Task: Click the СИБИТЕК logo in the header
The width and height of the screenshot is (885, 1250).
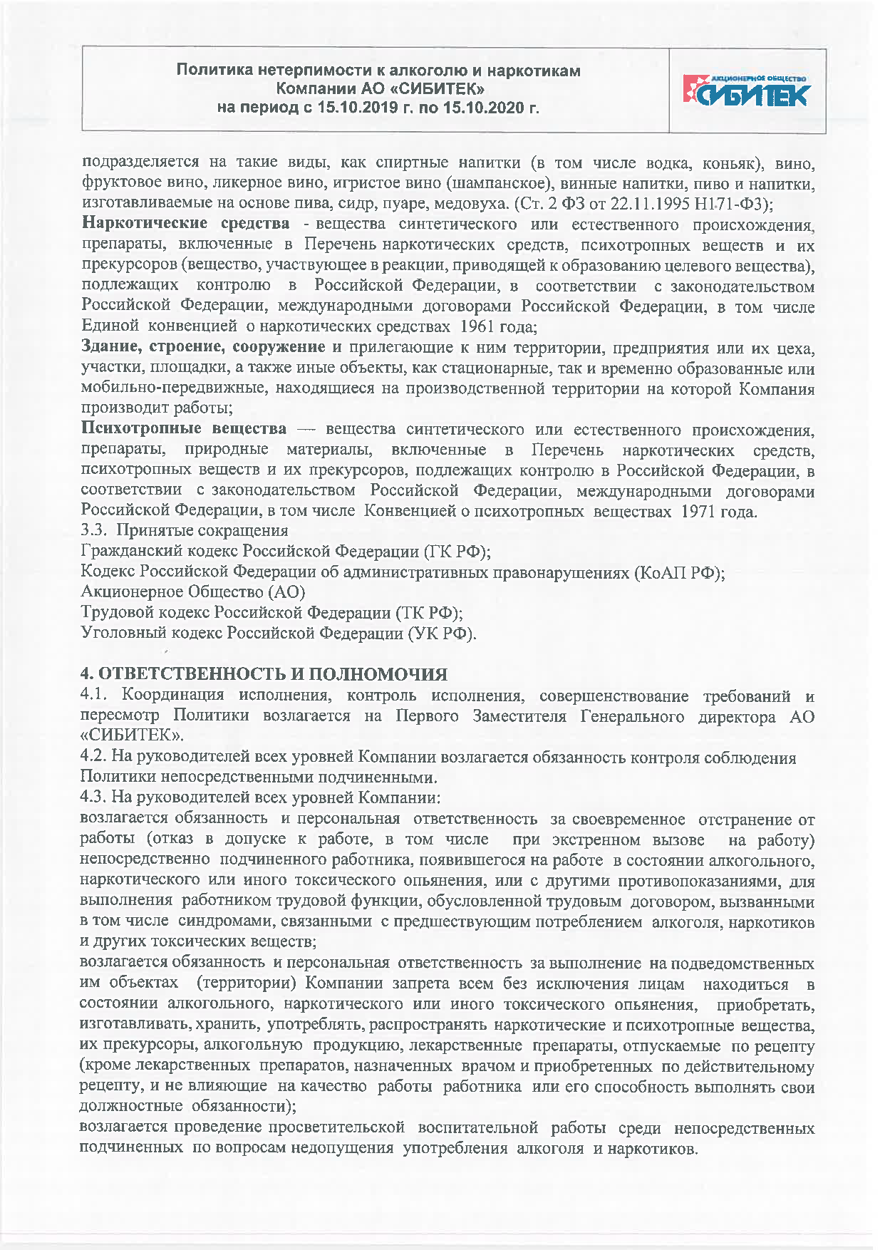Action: point(746,91)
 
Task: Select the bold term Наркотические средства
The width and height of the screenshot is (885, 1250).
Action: point(185,224)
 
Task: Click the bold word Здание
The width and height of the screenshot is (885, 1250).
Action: point(111,348)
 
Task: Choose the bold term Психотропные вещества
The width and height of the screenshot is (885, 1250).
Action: point(184,429)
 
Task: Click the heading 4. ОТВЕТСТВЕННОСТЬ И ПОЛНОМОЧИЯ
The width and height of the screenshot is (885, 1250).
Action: point(264,673)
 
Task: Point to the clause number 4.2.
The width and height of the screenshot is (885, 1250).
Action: point(93,758)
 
